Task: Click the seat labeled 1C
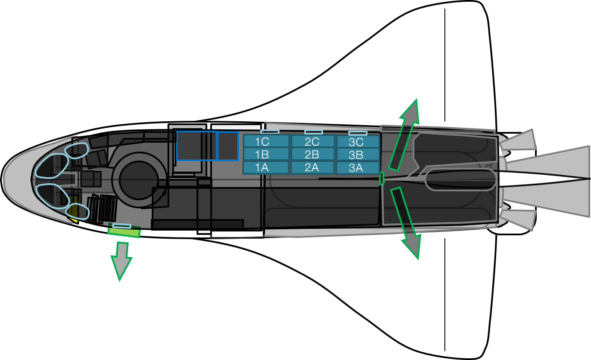point(266,141)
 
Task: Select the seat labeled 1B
point(266,154)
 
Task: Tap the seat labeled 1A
point(266,167)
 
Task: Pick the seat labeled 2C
point(313,141)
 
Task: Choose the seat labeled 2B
point(313,154)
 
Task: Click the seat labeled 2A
point(313,167)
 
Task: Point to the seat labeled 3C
point(358,142)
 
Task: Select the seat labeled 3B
point(358,155)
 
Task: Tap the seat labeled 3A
point(358,168)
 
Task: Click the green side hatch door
point(124,231)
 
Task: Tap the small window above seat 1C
point(270,132)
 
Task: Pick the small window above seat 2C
point(313,132)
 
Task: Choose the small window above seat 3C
point(358,133)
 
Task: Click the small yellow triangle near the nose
point(74,220)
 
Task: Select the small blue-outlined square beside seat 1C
point(228,146)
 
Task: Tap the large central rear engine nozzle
point(551,179)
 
